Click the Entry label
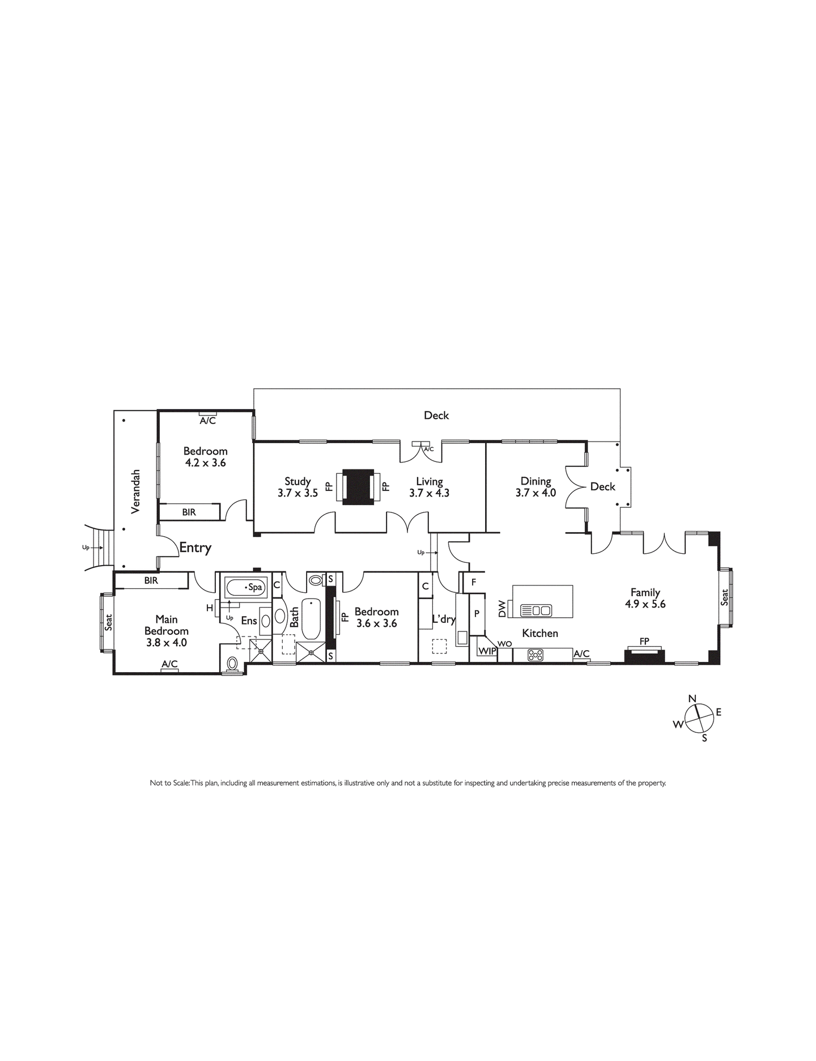pos(195,548)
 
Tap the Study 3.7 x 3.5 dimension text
pos(297,493)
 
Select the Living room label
pos(429,482)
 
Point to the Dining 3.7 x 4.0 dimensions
pos(535,493)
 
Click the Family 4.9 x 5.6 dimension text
pos(645,604)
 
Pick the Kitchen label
pos(540,633)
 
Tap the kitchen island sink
pos(535,610)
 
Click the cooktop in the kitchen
pos(535,655)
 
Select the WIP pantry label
pos(487,652)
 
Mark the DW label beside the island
pos(501,609)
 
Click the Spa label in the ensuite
pos(255,587)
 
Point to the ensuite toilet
pos(232,664)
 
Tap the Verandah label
pos(135,491)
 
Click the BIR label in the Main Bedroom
pos(151,580)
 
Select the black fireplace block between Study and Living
pos(358,486)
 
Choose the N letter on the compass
pos(692,699)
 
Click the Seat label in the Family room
pos(724,598)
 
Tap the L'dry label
pos(444,619)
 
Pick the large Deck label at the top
pos(436,415)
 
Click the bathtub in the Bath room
pos(311,619)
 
